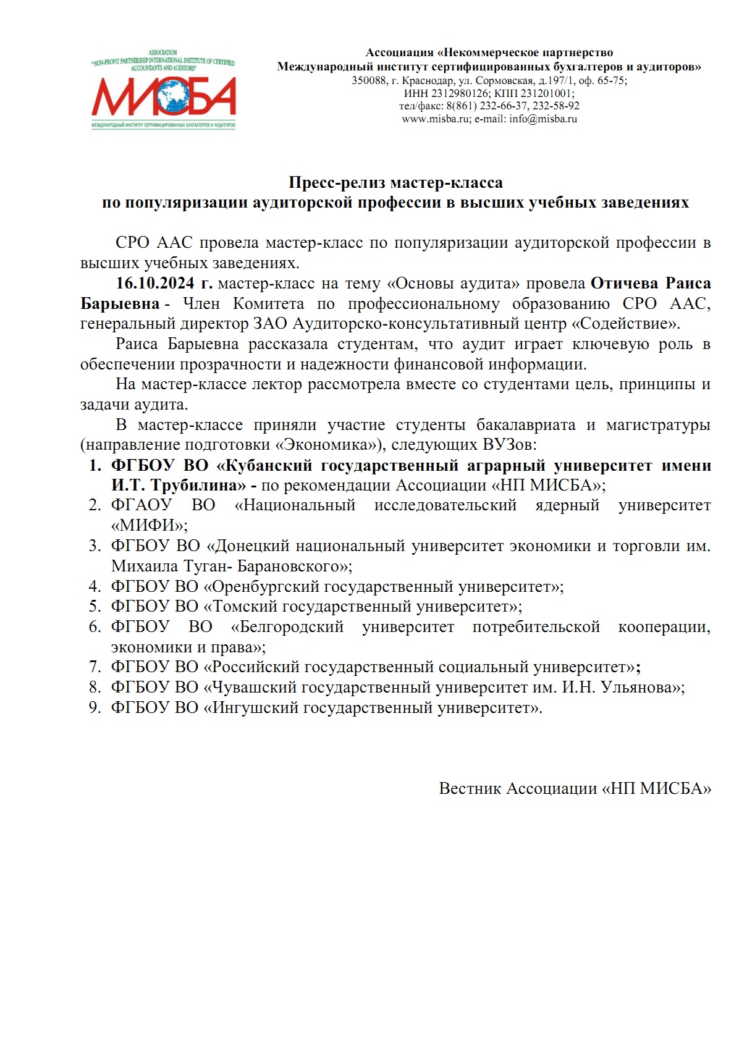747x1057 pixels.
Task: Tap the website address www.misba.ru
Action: [x=436, y=119]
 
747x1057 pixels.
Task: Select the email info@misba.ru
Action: [x=543, y=119]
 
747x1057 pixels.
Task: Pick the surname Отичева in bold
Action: [x=625, y=284]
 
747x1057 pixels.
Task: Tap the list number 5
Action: [x=95, y=607]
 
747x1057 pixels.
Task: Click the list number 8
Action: [x=95, y=687]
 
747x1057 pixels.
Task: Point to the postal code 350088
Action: [x=369, y=80]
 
